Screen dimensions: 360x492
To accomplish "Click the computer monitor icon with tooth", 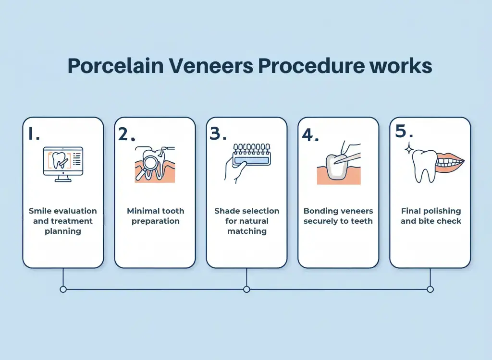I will [63, 164].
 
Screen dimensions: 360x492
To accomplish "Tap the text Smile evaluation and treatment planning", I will [63, 221].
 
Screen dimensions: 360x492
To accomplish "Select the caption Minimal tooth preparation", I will [155, 216].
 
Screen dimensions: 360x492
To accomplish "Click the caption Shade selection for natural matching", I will [246, 221].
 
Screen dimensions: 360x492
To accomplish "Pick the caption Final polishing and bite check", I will [430, 216].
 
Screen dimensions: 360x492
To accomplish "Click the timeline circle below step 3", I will [246, 289].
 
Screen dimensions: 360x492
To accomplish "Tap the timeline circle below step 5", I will [430, 289].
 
